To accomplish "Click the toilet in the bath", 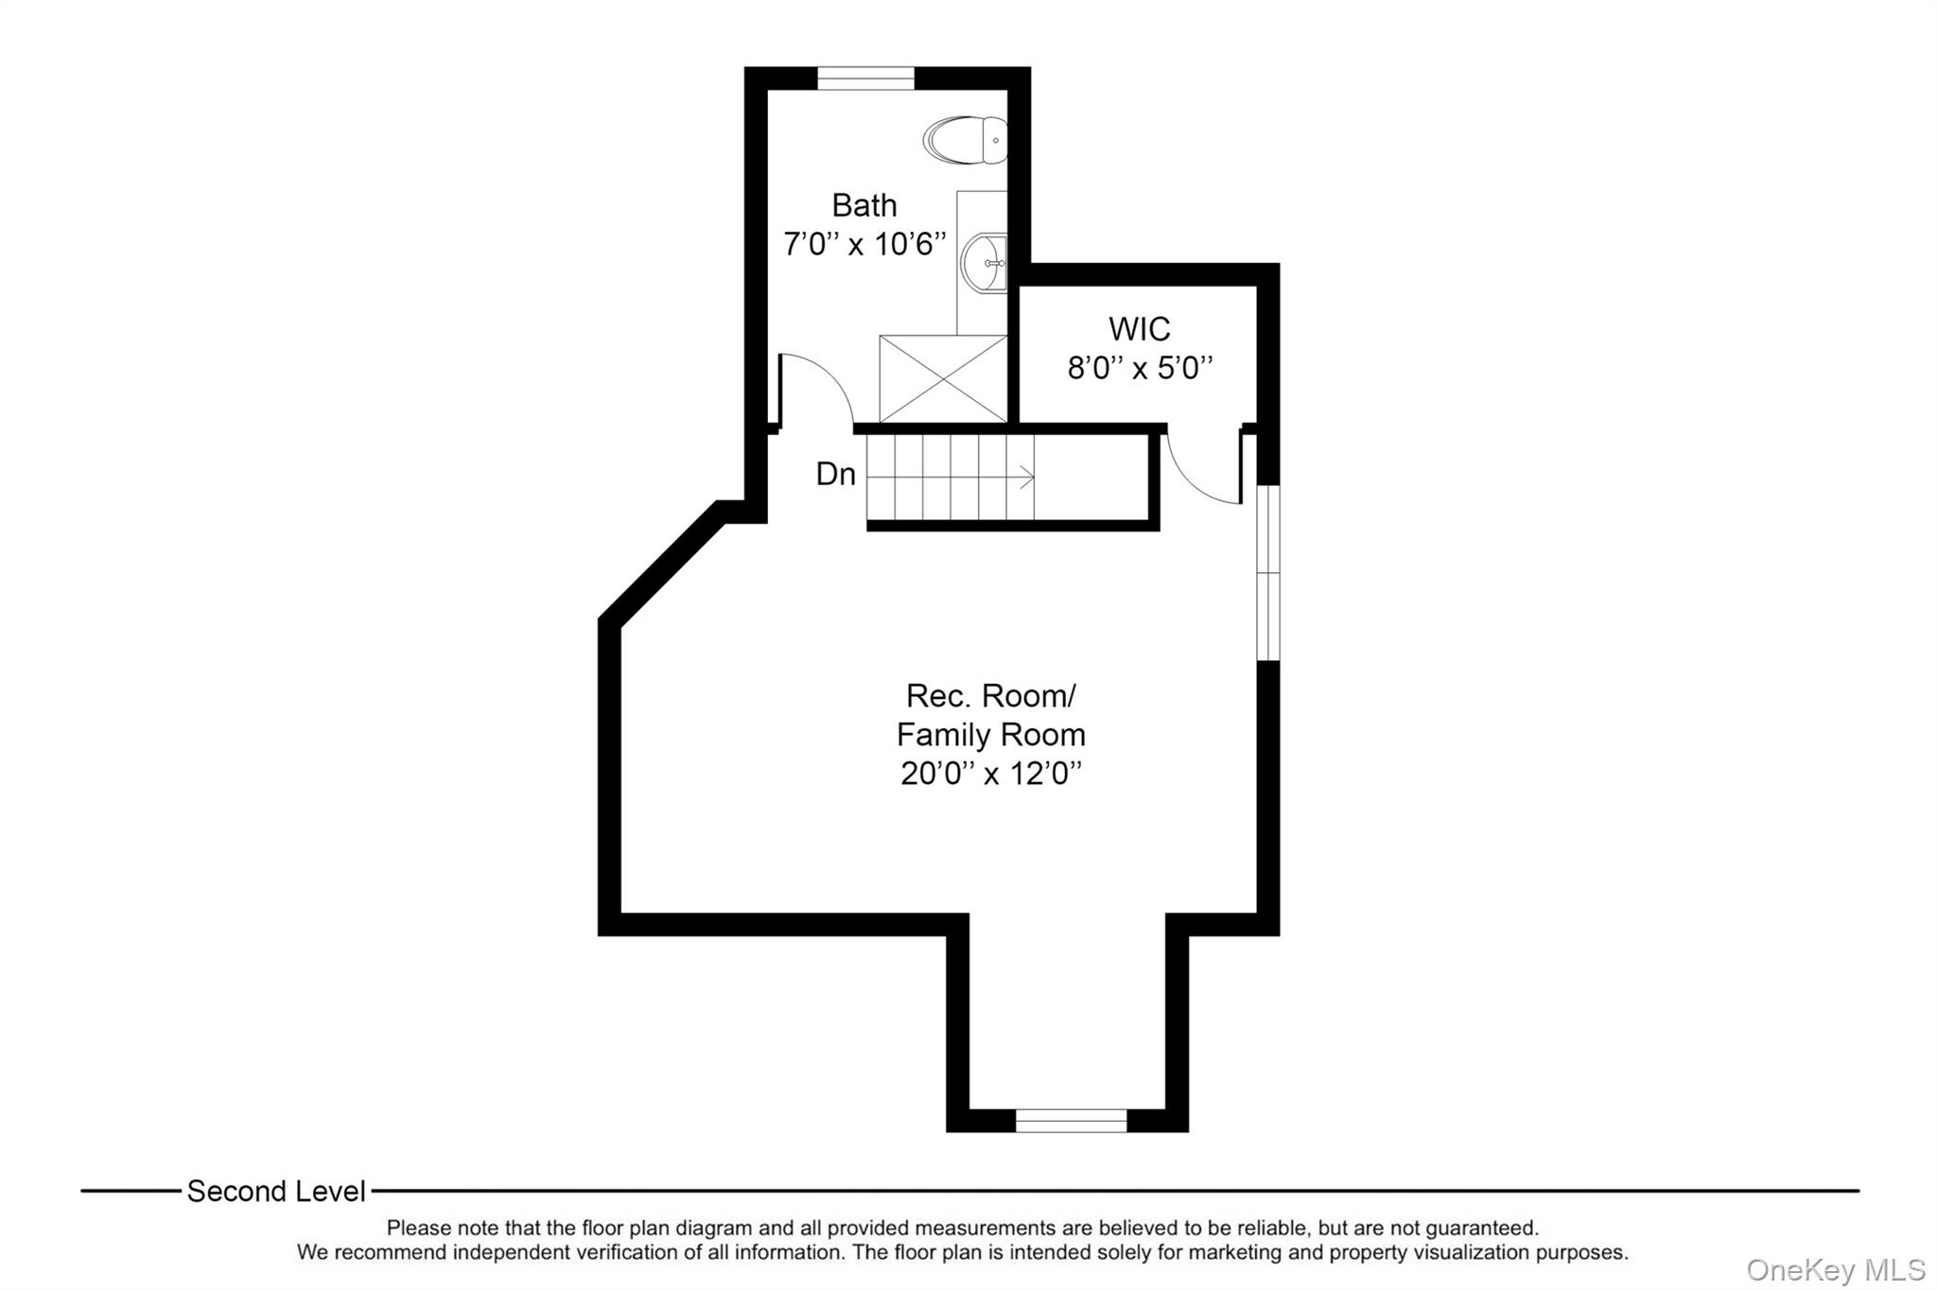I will [965, 140].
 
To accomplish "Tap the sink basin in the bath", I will [985, 262].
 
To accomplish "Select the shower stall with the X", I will [943, 378].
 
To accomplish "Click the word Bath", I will [864, 205].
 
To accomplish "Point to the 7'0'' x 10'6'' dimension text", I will [864, 244].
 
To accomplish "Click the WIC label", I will [1139, 329].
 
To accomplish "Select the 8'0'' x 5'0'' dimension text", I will [1139, 368].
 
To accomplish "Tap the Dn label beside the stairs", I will [835, 475].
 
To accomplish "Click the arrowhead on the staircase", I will [1028, 479].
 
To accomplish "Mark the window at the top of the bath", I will [865, 79].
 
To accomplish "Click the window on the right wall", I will [1267, 572].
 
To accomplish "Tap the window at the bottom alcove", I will [1071, 1121].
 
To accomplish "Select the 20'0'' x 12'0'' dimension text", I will [990, 774].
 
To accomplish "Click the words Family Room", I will [990, 735].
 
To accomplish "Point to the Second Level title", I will [275, 1192].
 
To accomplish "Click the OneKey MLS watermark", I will [1835, 1269].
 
